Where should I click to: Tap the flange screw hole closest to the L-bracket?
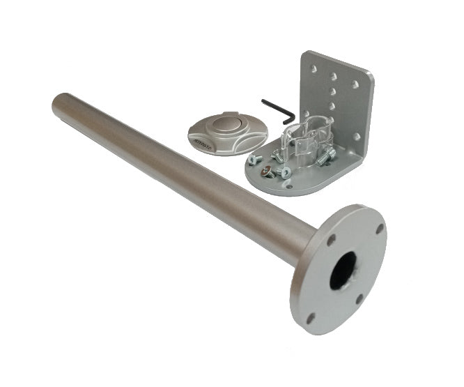click(380, 227)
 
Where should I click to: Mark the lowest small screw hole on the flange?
click(310, 317)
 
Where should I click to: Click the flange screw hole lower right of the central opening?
click(359, 299)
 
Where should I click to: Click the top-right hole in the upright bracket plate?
click(355, 84)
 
